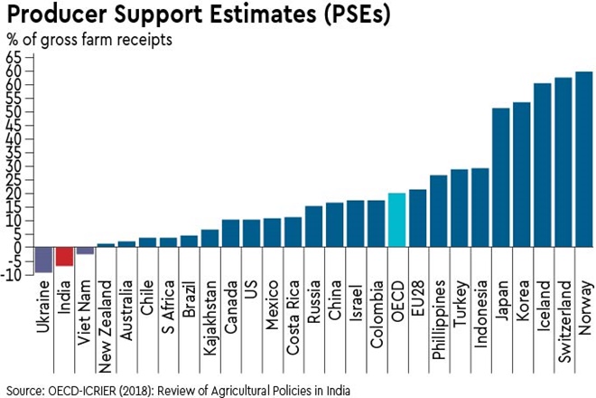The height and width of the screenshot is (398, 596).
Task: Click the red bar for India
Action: click(64, 256)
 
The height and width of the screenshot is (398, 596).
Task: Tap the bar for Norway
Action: click(584, 159)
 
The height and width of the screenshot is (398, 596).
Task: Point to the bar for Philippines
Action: click(439, 211)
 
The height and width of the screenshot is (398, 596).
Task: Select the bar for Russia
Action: click(313, 226)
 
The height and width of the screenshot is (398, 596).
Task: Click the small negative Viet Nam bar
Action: click(85, 251)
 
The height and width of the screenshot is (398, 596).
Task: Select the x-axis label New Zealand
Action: click(106, 320)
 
